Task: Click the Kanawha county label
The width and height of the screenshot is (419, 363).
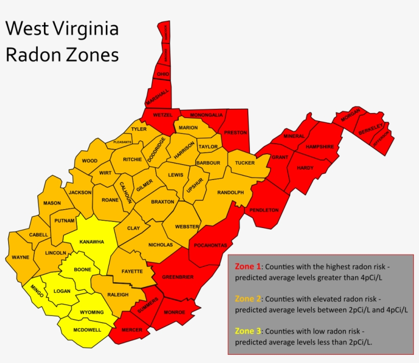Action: click(x=91, y=241)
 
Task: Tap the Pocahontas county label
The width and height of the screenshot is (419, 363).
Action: click(x=210, y=245)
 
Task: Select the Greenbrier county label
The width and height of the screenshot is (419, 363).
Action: click(x=177, y=277)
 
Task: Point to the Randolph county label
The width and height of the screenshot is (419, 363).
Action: click(x=230, y=192)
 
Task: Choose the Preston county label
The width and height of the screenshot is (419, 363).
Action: click(x=236, y=132)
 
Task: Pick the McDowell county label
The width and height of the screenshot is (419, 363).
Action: click(x=87, y=330)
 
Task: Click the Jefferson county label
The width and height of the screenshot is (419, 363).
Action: click(x=381, y=139)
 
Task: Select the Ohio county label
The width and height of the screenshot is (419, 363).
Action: click(x=163, y=74)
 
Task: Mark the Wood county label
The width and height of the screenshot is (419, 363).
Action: click(x=89, y=161)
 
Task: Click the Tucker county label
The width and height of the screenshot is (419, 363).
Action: click(x=245, y=163)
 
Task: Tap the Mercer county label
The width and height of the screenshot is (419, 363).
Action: click(x=132, y=330)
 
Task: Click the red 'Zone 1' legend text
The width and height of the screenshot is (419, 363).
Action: click(x=248, y=266)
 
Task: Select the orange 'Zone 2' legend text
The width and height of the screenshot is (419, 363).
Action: click(x=248, y=299)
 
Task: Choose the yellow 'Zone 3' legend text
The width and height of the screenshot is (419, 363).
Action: click(x=248, y=331)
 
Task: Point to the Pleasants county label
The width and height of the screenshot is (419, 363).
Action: click(x=122, y=142)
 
